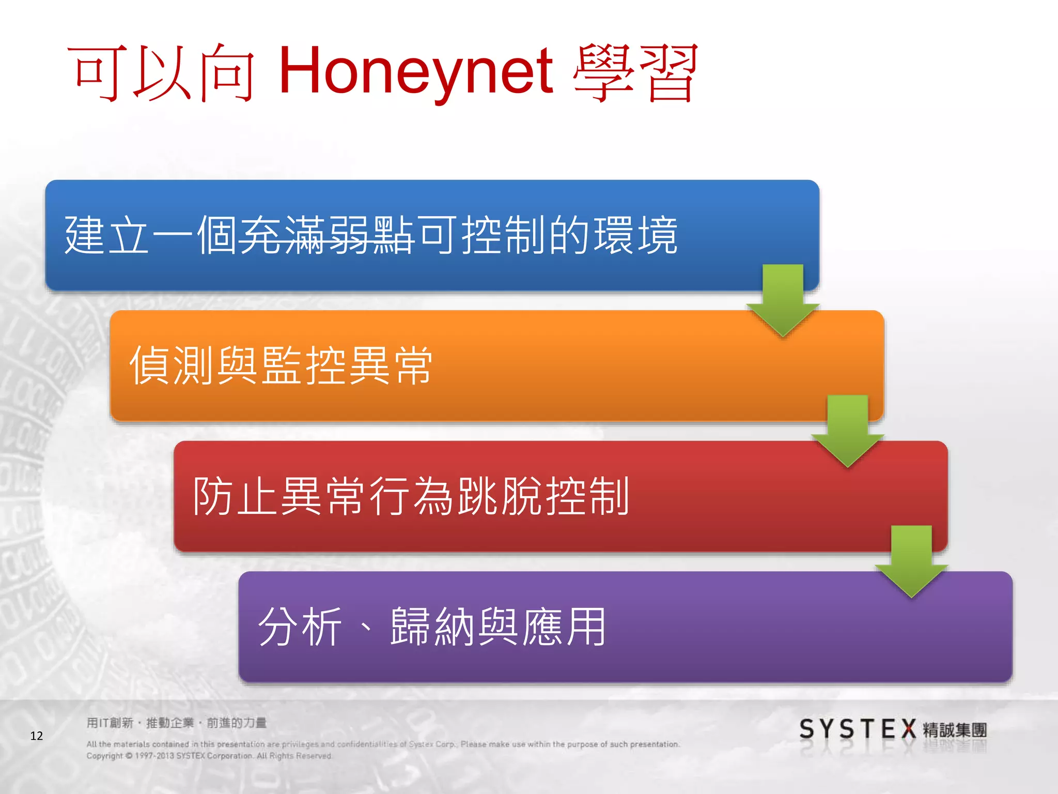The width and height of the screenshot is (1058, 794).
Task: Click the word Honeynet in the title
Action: click(416, 72)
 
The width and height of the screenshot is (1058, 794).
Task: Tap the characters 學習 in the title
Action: click(635, 72)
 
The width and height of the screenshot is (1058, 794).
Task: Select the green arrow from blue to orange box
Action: click(783, 300)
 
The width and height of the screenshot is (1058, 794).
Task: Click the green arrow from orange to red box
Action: click(847, 431)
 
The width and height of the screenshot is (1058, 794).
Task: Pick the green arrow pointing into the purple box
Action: click(912, 561)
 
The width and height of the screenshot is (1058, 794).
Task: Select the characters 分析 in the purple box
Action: click(300, 627)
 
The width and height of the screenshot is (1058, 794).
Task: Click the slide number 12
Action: click(37, 736)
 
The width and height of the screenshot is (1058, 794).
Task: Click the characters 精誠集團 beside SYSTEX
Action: click(955, 730)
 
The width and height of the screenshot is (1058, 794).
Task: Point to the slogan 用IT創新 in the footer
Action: click(110, 723)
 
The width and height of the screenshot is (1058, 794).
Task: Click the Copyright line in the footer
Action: click(209, 756)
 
